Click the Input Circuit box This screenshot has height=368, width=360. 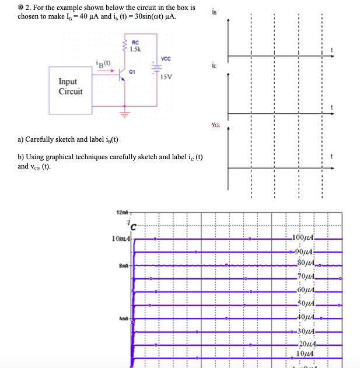(71, 87)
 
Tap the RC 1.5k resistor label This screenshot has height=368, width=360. (135, 45)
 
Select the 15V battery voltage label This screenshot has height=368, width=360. (166, 76)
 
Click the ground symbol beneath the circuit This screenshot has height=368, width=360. (123, 113)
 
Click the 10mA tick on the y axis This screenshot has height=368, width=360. (121, 239)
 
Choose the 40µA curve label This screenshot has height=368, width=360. (305, 316)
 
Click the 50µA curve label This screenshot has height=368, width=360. (305, 302)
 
